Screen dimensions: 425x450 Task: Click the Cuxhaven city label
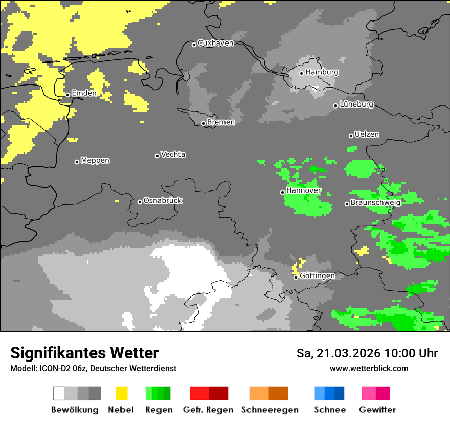pos(215,43)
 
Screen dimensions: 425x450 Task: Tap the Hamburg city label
pos(322,72)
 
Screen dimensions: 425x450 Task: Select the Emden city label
pos(84,93)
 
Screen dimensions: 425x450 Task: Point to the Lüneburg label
pos(356,104)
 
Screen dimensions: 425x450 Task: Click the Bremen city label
pos(221,122)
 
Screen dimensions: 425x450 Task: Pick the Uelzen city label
pos(367,134)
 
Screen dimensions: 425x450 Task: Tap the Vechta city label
pos(173,154)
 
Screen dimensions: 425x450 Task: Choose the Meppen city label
pos(95,160)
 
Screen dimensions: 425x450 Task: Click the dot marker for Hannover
pos(282,192)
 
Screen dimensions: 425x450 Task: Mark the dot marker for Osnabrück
pos(140,202)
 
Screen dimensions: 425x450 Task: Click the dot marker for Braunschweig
pos(347,204)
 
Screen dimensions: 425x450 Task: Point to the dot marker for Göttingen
pos(296,277)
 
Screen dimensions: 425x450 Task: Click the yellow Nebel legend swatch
pos(121,393)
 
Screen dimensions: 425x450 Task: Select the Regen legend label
pos(158,410)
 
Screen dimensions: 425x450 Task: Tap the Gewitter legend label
pos(377,410)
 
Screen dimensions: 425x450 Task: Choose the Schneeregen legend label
pos(269,410)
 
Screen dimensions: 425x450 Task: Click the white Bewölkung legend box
pos(59,393)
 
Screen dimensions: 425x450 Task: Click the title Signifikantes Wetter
pos(84,353)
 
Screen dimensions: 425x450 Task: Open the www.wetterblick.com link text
pos(369,368)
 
